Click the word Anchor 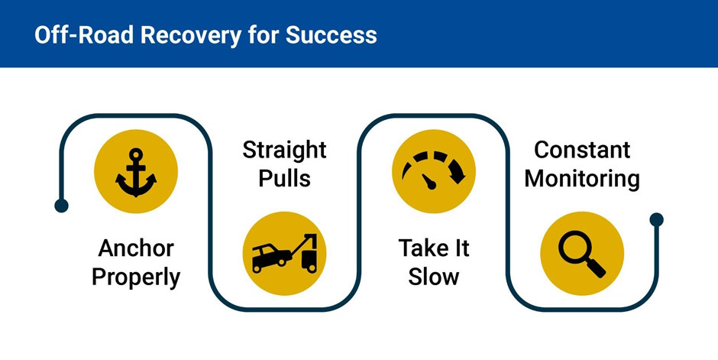point(136,248)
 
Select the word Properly point(136,277)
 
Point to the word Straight point(284,150)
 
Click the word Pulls point(284,179)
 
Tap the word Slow point(433,276)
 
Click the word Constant point(582,150)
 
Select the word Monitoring point(582,179)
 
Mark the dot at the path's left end point(62,205)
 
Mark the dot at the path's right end point(656,220)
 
